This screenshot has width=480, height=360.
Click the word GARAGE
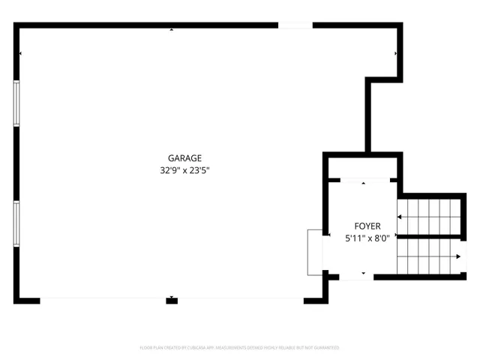pyautogui.click(x=184, y=158)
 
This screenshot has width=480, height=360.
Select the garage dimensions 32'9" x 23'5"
pyautogui.click(x=184, y=170)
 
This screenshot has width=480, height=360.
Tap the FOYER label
pyautogui.click(x=367, y=226)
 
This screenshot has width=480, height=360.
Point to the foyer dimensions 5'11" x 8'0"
pyautogui.click(x=367, y=238)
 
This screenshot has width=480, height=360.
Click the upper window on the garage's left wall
pyautogui.click(x=16, y=103)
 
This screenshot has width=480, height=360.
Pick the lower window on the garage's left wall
pyautogui.click(x=16, y=226)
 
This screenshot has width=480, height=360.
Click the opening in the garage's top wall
pyautogui.click(x=295, y=25)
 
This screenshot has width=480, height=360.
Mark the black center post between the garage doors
pyautogui.click(x=172, y=301)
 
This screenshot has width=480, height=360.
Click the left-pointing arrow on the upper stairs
pyautogui.click(x=400, y=217)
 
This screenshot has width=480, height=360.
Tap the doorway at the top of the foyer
pyautogui.click(x=364, y=180)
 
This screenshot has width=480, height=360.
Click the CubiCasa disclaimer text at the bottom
pyautogui.click(x=240, y=348)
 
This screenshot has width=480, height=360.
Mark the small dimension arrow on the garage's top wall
pyautogui.click(x=172, y=30)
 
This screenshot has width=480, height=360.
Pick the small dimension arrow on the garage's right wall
pyautogui.click(x=396, y=54)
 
